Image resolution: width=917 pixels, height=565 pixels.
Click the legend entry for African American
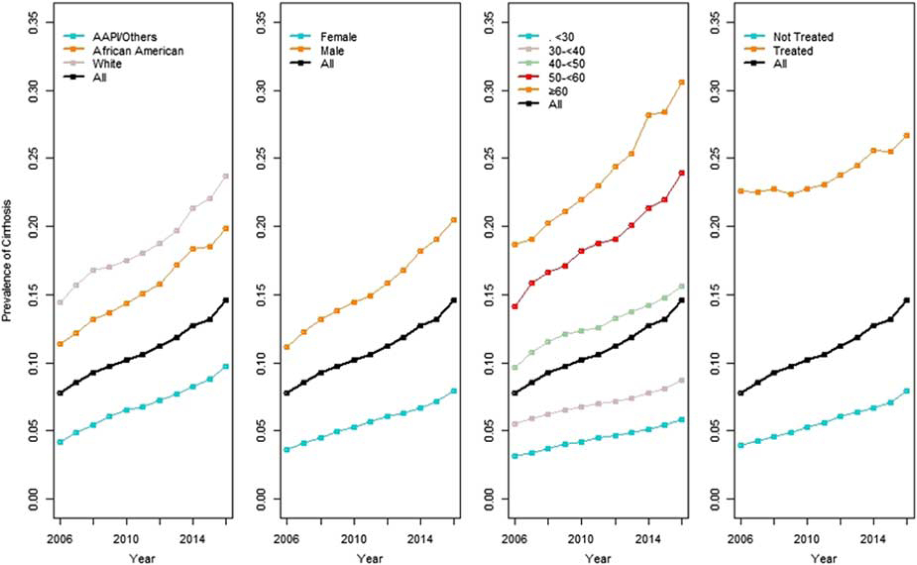138,51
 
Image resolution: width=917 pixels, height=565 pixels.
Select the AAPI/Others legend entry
124,37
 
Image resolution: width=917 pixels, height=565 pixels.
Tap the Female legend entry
338,37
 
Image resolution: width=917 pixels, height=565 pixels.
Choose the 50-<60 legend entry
567,78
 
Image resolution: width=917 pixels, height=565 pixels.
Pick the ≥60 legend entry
558,92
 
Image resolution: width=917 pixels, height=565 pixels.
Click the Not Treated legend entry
803,37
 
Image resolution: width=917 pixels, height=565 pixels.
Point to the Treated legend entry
793,51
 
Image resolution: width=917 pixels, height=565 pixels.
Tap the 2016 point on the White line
226,176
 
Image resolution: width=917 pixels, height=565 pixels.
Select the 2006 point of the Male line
287,347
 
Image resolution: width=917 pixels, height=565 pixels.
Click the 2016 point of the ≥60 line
682,82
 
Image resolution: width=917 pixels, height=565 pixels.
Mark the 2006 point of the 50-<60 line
515,307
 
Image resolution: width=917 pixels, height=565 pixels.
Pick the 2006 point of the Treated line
741,191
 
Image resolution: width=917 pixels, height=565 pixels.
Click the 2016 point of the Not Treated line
907,391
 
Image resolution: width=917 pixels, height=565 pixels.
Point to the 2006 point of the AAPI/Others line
60,442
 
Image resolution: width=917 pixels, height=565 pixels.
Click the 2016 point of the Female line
453,391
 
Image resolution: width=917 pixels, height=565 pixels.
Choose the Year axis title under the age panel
598,558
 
